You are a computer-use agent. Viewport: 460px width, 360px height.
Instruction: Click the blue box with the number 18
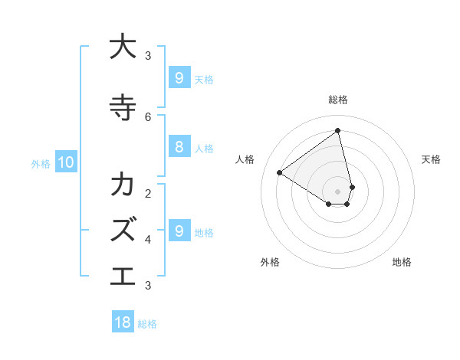click(123, 322)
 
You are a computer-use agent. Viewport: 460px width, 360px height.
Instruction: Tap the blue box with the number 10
click(65, 162)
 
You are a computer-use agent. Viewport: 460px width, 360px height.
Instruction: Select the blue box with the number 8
click(179, 147)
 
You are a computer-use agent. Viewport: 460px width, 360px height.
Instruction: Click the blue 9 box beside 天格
click(179, 77)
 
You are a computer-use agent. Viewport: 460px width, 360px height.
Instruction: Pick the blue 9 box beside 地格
click(179, 231)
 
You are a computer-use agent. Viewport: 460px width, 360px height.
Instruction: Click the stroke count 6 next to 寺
click(148, 116)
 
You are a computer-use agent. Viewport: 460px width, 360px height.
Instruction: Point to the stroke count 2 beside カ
click(148, 193)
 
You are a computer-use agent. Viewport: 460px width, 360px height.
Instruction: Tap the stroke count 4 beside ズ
click(148, 239)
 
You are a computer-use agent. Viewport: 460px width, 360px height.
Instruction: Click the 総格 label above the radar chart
click(338, 100)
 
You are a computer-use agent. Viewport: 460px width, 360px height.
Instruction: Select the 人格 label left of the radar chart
click(245, 159)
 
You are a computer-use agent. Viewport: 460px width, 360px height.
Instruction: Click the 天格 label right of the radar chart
click(431, 159)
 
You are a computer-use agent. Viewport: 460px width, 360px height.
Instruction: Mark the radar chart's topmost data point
click(338, 130)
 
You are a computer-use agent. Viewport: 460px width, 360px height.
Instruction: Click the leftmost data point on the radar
click(280, 172)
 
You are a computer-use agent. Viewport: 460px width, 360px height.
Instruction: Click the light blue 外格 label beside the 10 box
click(41, 163)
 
